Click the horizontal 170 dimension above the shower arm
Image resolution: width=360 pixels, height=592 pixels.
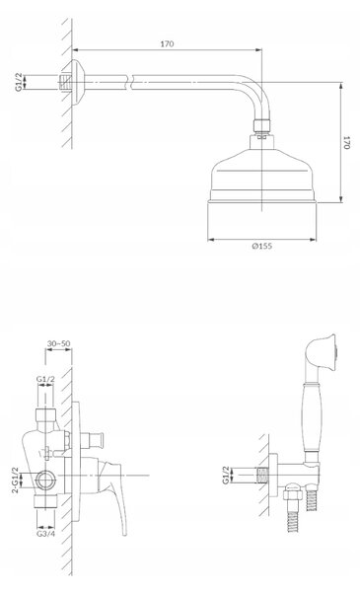pos(167,44)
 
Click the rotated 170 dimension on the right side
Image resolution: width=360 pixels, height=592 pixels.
pos(346,142)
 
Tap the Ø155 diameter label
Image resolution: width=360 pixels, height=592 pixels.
pos(262,246)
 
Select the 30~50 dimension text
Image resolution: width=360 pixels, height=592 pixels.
pos(58,343)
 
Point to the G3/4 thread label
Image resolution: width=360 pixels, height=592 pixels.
pos(45,533)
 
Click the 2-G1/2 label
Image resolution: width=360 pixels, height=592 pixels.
pos(15,480)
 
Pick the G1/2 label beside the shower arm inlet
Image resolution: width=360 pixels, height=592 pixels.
pos(19,82)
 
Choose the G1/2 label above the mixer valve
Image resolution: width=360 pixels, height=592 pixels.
pos(45,378)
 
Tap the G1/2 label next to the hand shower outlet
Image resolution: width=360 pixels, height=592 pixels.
pos(226,475)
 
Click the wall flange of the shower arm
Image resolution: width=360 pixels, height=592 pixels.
pos(78,82)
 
